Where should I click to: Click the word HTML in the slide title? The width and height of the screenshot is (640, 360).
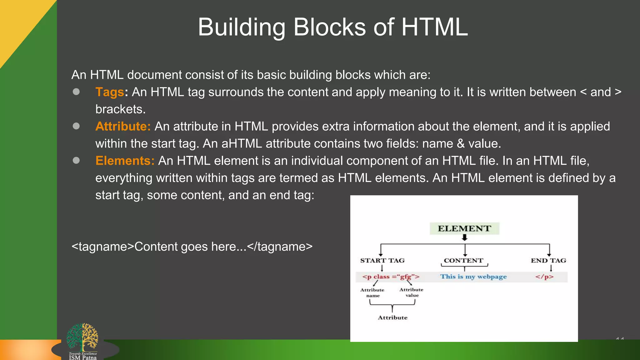click(x=434, y=27)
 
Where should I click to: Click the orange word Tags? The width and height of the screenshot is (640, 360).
click(x=110, y=92)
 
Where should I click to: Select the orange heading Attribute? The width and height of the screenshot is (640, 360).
click(x=123, y=127)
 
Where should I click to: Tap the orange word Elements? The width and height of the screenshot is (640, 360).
click(x=125, y=161)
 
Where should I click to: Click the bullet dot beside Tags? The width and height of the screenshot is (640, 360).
click(x=76, y=92)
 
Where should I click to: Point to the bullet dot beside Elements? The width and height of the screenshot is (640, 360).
click(x=76, y=160)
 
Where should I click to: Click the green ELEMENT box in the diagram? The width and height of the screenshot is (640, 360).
click(x=464, y=228)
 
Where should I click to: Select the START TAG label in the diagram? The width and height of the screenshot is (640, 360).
click(x=382, y=261)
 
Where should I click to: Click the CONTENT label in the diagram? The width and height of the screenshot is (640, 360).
click(x=463, y=261)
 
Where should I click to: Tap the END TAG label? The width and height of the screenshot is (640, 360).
click(x=548, y=261)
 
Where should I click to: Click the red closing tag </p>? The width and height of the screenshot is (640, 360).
click(x=544, y=277)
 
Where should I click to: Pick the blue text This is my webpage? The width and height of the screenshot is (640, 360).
click(x=473, y=277)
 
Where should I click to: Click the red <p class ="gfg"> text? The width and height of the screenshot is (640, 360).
click(x=391, y=277)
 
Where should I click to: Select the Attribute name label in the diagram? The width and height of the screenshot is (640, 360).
click(x=372, y=293)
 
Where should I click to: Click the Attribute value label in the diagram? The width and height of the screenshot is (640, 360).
click(x=411, y=292)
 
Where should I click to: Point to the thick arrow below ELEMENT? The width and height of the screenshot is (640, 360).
click(x=465, y=238)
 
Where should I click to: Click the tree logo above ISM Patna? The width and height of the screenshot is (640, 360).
click(x=82, y=337)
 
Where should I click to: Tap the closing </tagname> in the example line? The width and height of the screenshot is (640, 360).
click(x=280, y=247)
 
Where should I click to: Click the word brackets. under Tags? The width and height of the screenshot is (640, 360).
click(x=120, y=109)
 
